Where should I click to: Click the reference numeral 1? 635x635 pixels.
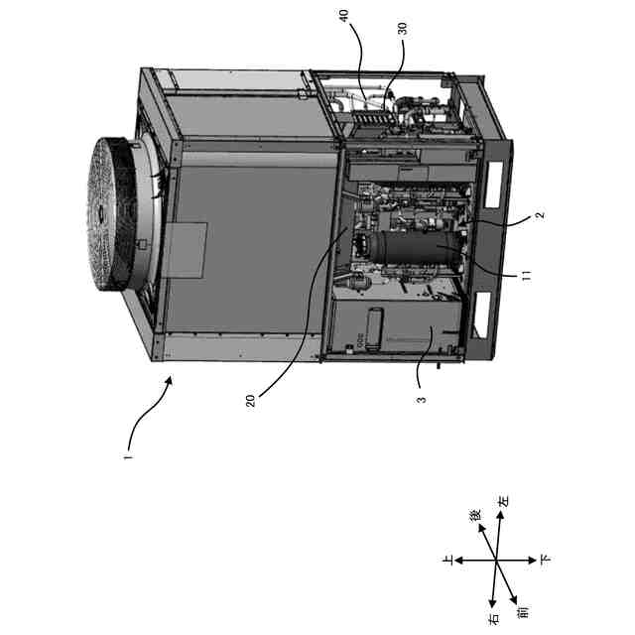point(127,458)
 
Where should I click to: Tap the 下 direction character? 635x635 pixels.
point(544,561)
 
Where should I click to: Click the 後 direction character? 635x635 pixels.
point(475,516)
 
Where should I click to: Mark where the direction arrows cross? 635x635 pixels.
point(496,562)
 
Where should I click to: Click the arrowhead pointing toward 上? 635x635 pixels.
point(458,562)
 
